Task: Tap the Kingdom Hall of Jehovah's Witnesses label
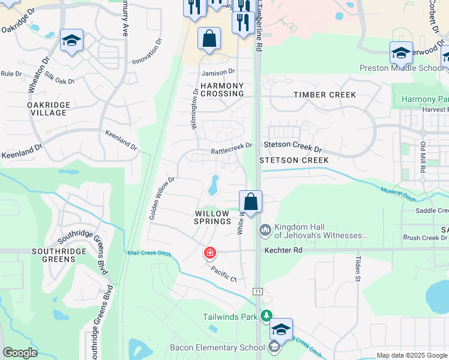click(x=321, y=231)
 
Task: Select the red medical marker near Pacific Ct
click(x=209, y=253)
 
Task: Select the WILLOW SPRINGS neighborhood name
click(x=211, y=217)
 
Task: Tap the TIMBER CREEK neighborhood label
click(x=325, y=95)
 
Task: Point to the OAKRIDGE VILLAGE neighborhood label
click(x=49, y=109)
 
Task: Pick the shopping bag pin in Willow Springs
click(x=250, y=202)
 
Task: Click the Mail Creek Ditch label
click(x=149, y=253)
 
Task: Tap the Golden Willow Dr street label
click(x=161, y=197)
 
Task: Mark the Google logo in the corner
click(x=20, y=353)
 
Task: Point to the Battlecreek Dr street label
click(x=231, y=146)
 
